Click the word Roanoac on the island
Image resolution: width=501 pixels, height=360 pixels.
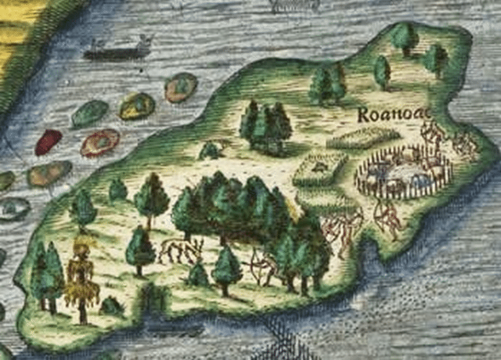(x=393, y=115)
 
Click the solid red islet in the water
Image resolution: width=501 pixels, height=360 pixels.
(x=48, y=142)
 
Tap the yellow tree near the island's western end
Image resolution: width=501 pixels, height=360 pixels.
(x=81, y=278)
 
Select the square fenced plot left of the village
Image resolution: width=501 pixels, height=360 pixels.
(x=320, y=169)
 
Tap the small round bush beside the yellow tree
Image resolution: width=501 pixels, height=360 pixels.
(x=111, y=306)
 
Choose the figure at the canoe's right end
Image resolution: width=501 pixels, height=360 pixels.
(x=143, y=43)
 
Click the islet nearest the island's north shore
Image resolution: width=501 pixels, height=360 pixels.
(x=181, y=87)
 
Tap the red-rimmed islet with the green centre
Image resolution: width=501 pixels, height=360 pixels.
(x=100, y=143)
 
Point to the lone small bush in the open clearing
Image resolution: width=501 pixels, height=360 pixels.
(x=210, y=150)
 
